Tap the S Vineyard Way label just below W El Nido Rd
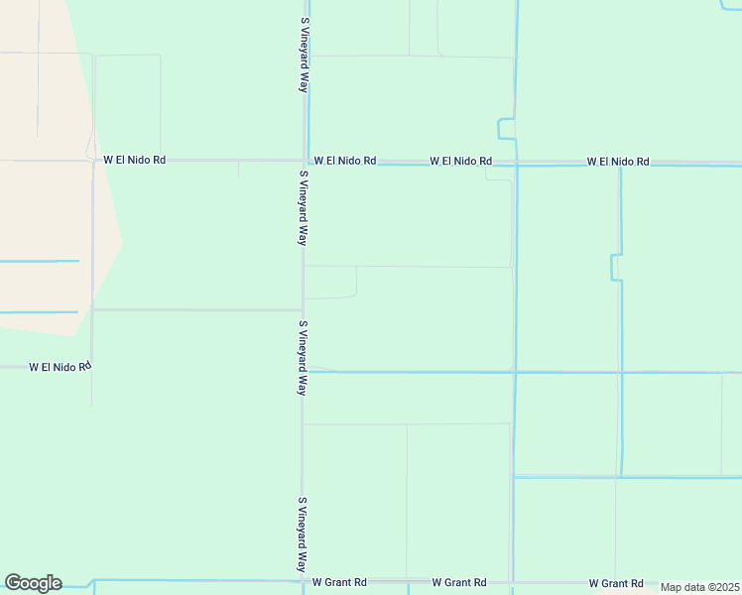click(303, 207)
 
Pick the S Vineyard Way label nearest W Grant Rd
click(303, 535)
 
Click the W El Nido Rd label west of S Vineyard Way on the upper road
click(135, 159)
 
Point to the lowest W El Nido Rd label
click(60, 366)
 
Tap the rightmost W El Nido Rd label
click(617, 161)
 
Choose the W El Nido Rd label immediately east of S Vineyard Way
click(344, 160)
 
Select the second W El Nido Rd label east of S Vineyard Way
click(460, 161)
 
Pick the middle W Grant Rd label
click(458, 582)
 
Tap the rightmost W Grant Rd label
click(616, 583)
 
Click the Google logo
click(33, 583)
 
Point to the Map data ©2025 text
click(700, 587)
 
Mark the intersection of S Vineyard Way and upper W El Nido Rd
click(304, 161)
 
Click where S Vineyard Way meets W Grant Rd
click(303, 581)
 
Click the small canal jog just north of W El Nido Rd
click(506, 129)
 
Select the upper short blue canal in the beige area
click(40, 261)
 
